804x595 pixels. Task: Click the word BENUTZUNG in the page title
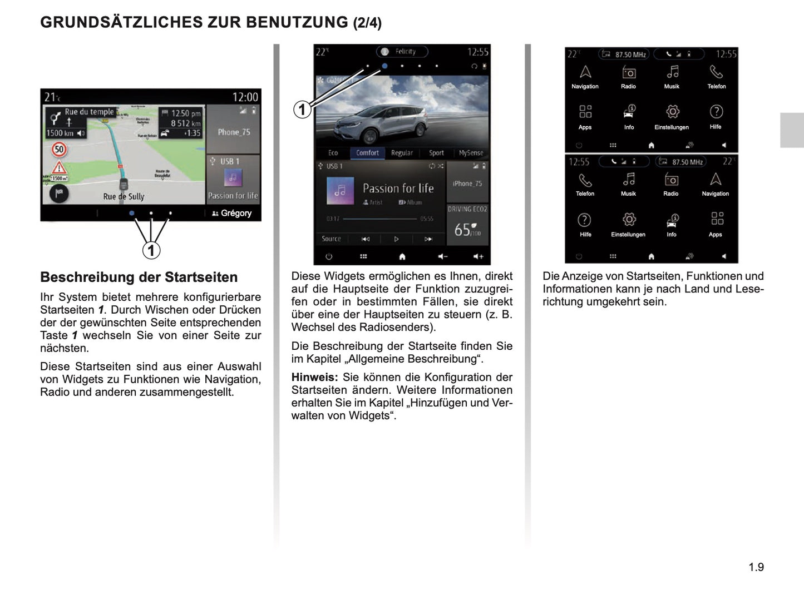297,22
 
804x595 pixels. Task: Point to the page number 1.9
756,567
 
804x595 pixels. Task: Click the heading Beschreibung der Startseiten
139,277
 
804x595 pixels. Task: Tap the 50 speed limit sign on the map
59,149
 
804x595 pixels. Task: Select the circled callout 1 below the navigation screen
151,250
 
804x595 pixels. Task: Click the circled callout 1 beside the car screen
302,109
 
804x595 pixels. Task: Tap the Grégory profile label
232,213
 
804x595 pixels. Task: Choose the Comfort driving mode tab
367,153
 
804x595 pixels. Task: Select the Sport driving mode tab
436,153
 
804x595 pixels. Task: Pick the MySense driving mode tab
471,153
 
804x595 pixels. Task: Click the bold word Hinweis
314,377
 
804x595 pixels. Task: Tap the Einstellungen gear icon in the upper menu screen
672,112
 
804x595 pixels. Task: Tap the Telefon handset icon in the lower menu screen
585,180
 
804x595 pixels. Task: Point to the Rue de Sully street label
124,196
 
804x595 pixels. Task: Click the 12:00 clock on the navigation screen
245,97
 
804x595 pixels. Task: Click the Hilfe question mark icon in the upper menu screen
716,111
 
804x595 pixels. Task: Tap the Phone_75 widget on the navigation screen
234,132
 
